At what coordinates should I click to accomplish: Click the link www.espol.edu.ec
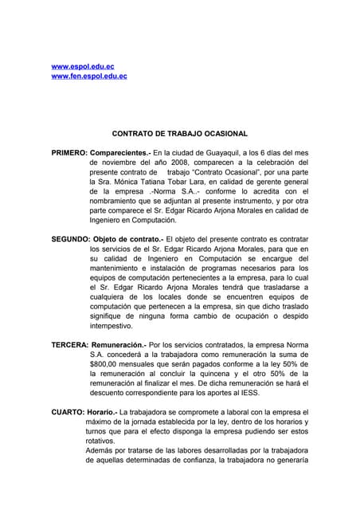pos(83,66)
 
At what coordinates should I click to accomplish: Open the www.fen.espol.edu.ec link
pos(89,76)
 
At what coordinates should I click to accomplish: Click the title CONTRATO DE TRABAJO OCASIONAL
pos(179,134)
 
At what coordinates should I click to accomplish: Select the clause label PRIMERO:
pos(69,151)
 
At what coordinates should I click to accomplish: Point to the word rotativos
pos(101,441)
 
